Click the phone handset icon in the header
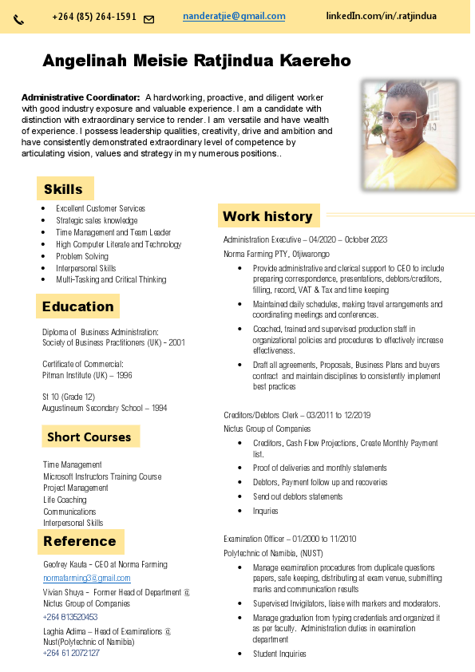point(19,19)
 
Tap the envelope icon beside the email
point(148,19)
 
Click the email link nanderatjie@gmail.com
point(234,16)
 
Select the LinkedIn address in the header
point(381,16)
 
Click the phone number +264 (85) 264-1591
point(94,17)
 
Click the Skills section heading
point(63,189)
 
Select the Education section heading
point(77,306)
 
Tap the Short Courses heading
point(89,437)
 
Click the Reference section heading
point(80,541)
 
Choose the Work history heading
point(267,215)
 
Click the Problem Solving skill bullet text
point(82,256)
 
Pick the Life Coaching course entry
point(65,500)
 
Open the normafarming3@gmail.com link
point(86,578)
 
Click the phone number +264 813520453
point(70,617)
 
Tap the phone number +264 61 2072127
point(71,653)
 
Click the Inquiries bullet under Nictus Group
point(266,511)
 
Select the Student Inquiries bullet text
point(279,654)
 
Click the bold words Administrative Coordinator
point(81,97)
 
